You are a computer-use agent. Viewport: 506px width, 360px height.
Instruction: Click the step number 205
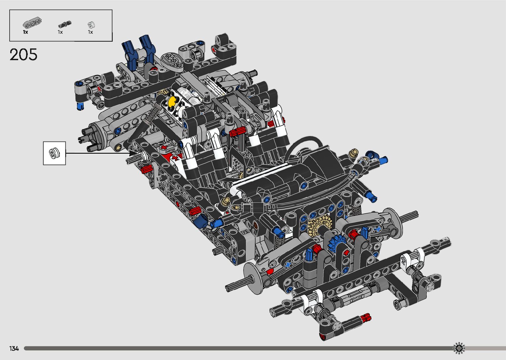coord(23,55)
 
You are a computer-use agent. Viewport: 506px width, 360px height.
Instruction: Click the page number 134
coord(14,348)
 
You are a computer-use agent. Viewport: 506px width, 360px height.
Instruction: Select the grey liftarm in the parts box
coord(32,23)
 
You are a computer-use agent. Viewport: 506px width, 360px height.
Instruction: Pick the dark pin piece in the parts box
coord(64,24)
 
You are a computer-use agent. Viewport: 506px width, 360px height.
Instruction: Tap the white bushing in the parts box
coord(91,25)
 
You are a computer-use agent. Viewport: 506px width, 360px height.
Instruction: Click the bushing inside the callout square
coord(54,153)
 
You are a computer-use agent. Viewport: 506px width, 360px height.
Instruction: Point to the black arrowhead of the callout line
coord(134,153)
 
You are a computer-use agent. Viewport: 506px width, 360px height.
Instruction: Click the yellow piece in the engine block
coord(172,102)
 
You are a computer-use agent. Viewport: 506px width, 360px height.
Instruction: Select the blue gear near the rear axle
coord(336,243)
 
